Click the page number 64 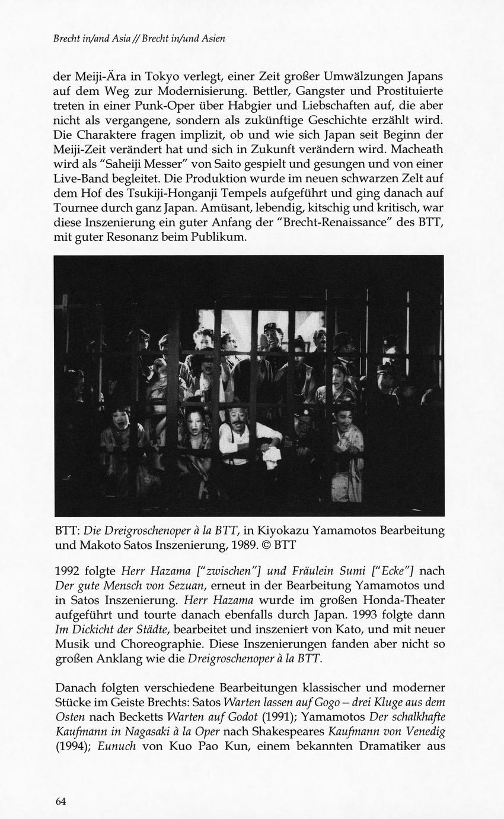tap(60, 801)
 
